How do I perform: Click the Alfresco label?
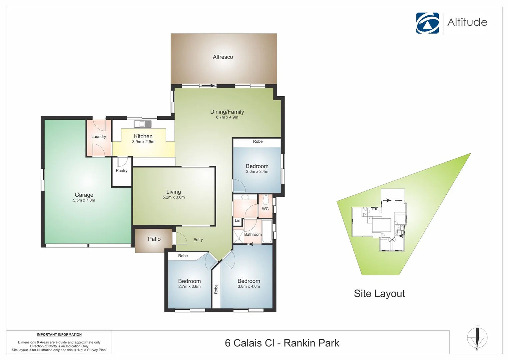(223, 57)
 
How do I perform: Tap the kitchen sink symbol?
(143, 124)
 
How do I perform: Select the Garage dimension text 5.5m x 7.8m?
(84, 200)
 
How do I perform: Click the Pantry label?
(122, 171)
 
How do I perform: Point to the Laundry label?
(99, 137)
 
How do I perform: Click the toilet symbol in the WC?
(265, 200)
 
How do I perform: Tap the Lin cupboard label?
(238, 221)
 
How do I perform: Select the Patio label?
(154, 239)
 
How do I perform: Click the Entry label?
(198, 240)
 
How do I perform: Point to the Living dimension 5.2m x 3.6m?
(174, 197)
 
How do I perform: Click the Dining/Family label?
(227, 112)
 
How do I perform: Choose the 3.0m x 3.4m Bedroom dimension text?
(257, 172)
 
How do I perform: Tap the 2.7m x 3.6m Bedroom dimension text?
(190, 287)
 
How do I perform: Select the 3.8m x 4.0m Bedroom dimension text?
(249, 287)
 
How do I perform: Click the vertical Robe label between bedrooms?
(216, 289)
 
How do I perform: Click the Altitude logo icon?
(427, 23)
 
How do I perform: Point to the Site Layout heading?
(379, 294)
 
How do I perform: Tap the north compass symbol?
(477, 337)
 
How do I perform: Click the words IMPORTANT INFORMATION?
(59, 335)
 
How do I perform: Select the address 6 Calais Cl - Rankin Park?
(282, 343)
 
